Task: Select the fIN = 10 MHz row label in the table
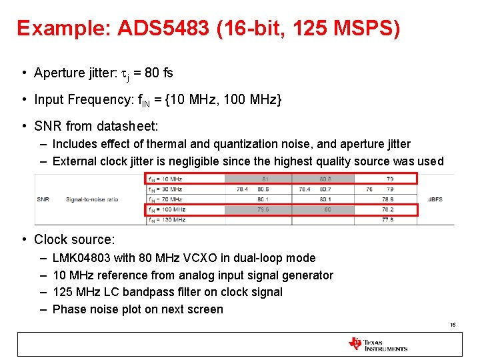point(165,179)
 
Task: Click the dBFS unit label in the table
point(435,199)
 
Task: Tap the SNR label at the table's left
point(43,199)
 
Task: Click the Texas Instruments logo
point(377,344)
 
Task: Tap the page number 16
point(453,325)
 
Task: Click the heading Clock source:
point(75,239)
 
